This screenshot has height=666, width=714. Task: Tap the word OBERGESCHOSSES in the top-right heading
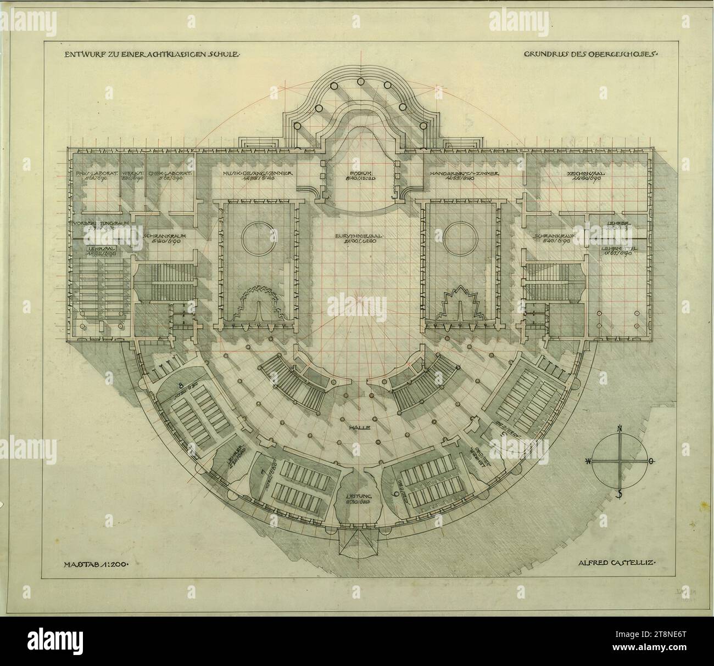618,55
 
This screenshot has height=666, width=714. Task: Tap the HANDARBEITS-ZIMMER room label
464,173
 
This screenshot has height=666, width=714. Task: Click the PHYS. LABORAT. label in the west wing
91,173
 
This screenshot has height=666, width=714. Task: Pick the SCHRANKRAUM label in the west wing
165,237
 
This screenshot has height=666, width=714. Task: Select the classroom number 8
181,383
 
